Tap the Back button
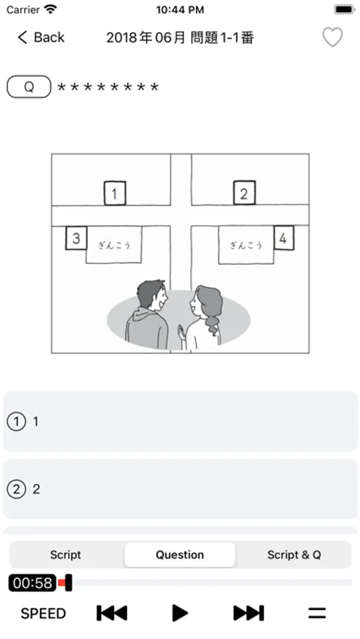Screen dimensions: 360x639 click(40, 38)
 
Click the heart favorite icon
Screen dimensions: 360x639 click(332, 38)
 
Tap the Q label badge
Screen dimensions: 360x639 click(29, 87)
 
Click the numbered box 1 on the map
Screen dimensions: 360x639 click(114, 193)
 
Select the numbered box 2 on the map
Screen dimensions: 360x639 click(244, 192)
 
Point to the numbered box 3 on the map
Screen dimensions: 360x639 click(76, 238)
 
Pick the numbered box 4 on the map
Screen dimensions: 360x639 click(283, 238)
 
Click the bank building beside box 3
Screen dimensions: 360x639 click(114, 245)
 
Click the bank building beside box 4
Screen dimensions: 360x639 click(246, 245)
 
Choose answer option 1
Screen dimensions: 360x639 click(180, 421)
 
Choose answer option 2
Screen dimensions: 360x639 click(180, 488)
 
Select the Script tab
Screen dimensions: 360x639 click(65, 555)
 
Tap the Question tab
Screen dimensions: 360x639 click(180, 555)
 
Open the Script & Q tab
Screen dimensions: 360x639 click(294, 555)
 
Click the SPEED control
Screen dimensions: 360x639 click(43, 613)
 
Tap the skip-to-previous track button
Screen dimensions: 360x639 click(111, 613)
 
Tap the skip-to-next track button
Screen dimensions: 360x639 click(249, 613)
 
